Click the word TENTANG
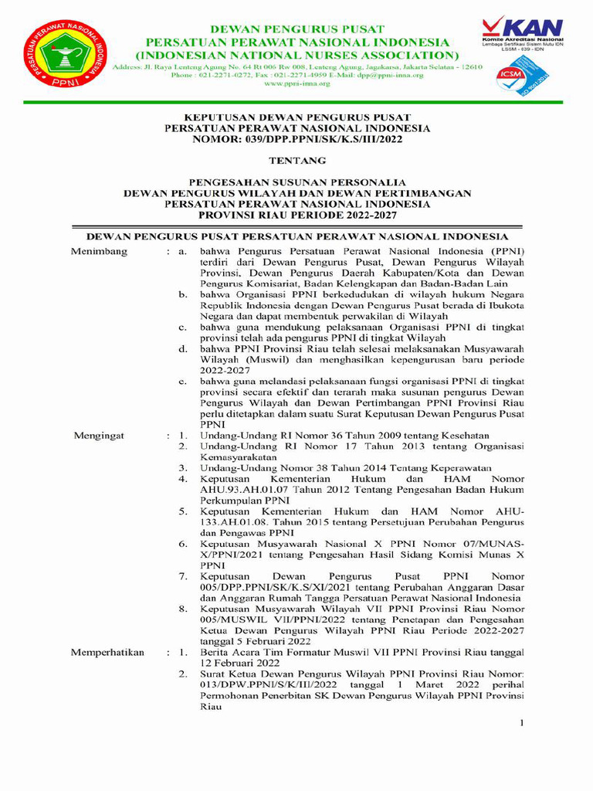pyautogui.click(x=296, y=161)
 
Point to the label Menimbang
pyautogui.click(x=100, y=252)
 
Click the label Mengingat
pyautogui.click(x=100, y=436)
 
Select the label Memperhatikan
pyautogui.click(x=108, y=652)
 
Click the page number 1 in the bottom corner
pyautogui.click(x=521, y=723)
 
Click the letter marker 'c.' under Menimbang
pyautogui.click(x=182, y=328)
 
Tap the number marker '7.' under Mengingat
pyautogui.click(x=182, y=576)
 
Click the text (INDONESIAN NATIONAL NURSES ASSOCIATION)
pyautogui.click(x=296, y=55)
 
